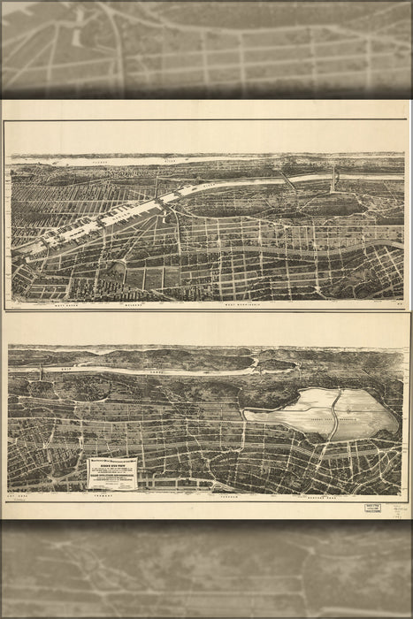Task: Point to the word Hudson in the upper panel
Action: [80, 163]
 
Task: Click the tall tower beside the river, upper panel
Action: [333, 181]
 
